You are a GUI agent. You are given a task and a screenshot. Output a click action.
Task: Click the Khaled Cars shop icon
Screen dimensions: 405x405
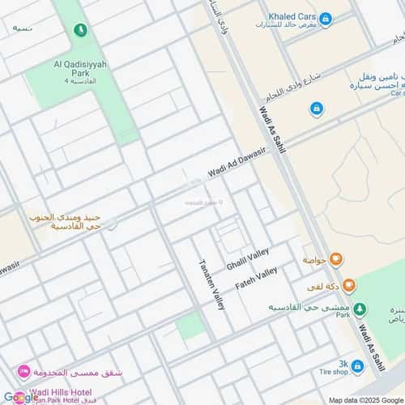click(326, 19)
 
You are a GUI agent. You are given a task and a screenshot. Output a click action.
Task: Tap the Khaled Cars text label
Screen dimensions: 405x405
click(292, 15)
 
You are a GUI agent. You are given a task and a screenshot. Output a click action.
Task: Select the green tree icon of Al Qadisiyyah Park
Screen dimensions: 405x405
click(79, 30)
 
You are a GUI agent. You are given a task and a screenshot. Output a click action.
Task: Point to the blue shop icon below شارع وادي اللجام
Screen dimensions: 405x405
click(316, 108)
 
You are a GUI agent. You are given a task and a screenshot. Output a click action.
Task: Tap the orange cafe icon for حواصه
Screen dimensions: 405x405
click(336, 259)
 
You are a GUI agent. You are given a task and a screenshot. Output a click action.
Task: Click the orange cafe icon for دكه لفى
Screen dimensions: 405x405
click(348, 284)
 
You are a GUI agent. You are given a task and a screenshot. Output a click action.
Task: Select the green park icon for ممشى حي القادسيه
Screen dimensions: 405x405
click(361, 308)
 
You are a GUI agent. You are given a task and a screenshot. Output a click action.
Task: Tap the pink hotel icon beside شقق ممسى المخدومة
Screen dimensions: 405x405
click(25, 371)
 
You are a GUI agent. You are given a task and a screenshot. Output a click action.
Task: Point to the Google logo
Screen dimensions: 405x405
click(20, 397)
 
